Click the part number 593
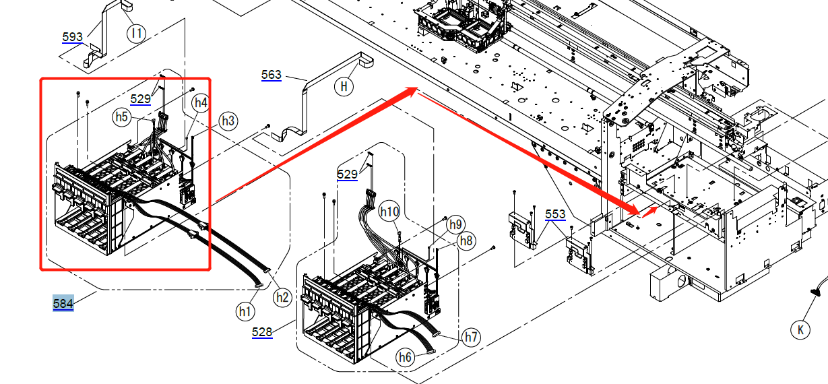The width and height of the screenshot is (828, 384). [72, 37]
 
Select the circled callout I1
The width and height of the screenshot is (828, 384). [137, 32]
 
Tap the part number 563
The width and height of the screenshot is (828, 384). [272, 75]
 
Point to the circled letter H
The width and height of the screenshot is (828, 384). [344, 86]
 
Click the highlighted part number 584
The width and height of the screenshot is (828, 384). [63, 304]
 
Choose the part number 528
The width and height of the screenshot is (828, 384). [262, 331]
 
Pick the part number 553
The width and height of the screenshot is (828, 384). [555, 214]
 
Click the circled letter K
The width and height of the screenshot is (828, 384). [800, 330]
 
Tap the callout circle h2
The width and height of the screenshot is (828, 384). [282, 296]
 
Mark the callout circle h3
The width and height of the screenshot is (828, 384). [228, 121]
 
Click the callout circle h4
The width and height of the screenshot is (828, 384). [200, 103]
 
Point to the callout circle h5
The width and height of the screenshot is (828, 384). [121, 117]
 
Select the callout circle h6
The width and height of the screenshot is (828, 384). [404, 358]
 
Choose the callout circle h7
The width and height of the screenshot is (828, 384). [471, 337]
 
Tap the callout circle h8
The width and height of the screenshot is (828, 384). [466, 241]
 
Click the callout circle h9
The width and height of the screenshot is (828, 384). [456, 224]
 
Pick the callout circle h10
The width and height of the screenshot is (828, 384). [389, 212]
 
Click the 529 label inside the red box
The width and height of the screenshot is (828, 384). [141, 99]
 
